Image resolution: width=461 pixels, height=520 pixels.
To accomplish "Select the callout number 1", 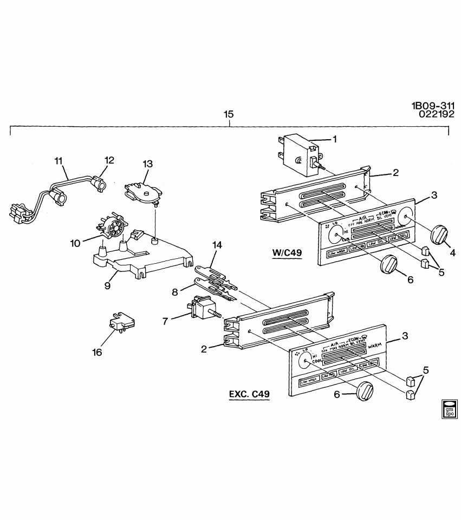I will click(x=334, y=139).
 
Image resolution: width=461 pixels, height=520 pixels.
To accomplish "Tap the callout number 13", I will click(x=148, y=164).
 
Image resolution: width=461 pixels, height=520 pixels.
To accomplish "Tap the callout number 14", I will click(x=217, y=245).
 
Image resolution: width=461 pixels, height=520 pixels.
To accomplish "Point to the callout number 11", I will click(x=59, y=160).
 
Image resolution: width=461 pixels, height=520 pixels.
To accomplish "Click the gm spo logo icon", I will click(x=449, y=409).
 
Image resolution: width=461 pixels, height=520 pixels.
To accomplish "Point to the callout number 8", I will click(x=175, y=292).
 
